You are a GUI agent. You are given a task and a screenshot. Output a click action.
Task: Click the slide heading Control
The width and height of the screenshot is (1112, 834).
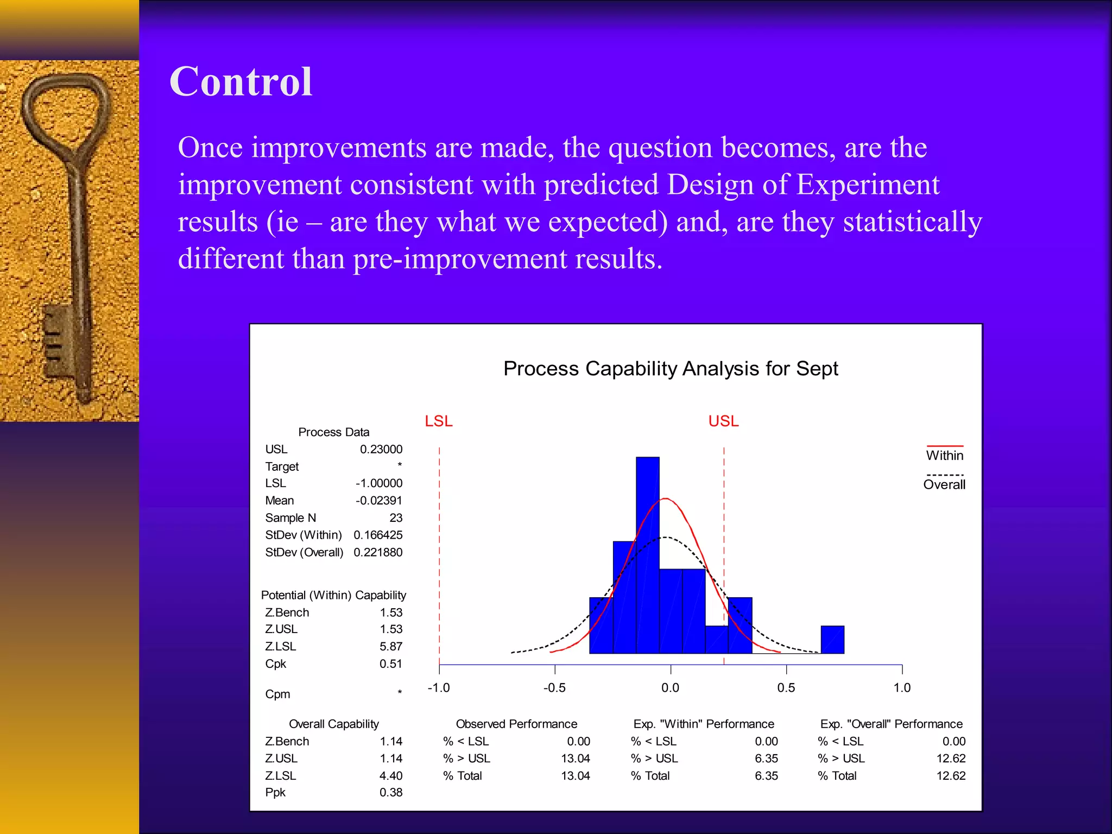pos(241,82)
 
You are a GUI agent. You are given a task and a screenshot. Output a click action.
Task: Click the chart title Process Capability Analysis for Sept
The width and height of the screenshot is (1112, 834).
pos(671,369)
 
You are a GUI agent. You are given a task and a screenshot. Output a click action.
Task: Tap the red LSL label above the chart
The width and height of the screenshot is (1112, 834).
pos(439,421)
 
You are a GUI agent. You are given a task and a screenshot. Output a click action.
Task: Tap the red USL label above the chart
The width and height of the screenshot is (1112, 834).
pos(723,421)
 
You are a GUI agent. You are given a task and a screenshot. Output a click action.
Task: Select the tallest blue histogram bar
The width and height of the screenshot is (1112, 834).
pos(647,554)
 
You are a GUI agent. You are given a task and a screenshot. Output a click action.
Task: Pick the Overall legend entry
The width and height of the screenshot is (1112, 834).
pos(944,484)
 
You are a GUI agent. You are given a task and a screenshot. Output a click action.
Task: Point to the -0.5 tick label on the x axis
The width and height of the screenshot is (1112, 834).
pos(554,688)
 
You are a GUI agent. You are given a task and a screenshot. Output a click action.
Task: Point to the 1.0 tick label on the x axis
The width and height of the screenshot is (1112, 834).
pos(902,688)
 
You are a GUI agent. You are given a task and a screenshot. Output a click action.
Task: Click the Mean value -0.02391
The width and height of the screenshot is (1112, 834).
pos(379,501)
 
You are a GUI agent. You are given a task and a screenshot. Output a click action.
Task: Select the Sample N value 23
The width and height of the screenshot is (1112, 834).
pos(396,518)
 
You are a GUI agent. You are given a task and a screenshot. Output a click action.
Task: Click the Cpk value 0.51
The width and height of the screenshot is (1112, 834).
pos(391,664)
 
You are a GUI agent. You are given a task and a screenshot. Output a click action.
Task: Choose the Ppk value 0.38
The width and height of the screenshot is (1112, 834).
pos(391,792)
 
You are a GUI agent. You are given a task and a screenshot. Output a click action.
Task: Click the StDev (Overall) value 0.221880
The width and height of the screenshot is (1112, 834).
pos(378,552)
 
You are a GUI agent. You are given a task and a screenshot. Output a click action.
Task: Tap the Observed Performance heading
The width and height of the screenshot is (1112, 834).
pos(516,724)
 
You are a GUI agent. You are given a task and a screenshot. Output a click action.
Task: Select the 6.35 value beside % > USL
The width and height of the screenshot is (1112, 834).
pos(766,759)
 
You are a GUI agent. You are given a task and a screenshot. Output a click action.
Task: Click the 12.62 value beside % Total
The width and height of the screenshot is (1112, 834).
pos(951,776)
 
